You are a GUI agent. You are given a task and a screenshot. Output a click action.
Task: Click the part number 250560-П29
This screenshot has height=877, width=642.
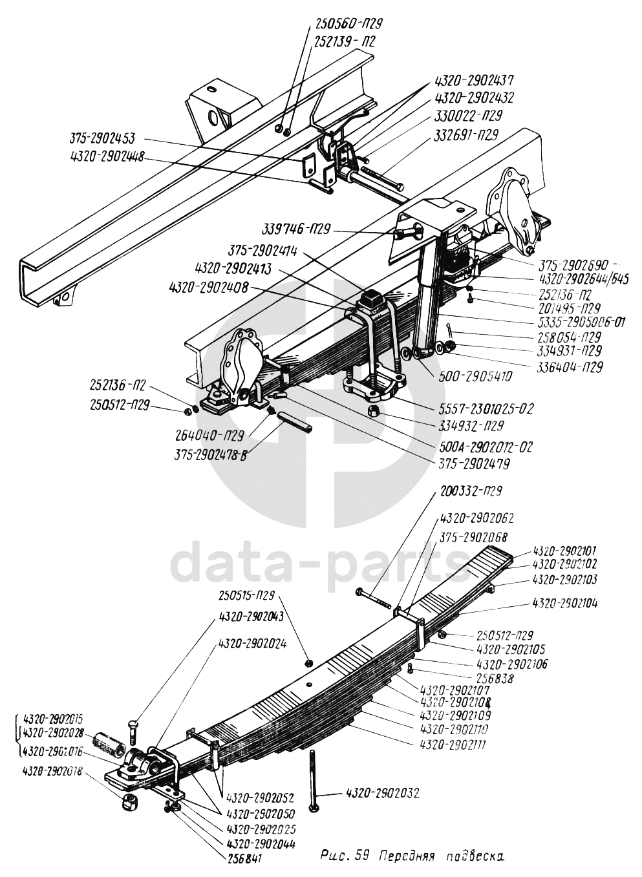click(x=350, y=24)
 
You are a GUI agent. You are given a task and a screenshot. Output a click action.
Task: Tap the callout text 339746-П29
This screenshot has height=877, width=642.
click(x=297, y=229)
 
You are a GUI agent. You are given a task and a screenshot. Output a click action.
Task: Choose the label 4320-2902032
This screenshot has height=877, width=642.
click(x=383, y=793)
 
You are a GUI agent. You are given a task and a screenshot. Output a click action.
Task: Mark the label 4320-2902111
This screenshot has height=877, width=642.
click(x=453, y=745)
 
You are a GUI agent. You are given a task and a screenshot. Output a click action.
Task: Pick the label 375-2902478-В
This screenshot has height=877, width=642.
click(x=210, y=454)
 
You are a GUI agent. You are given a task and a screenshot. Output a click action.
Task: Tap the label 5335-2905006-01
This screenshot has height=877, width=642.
click(x=580, y=322)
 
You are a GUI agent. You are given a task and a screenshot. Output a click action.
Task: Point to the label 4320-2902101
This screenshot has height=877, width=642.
click(x=565, y=551)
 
